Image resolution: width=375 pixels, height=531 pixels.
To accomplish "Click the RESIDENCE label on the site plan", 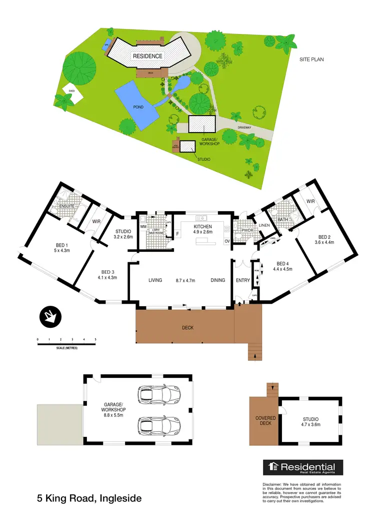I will (147, 56).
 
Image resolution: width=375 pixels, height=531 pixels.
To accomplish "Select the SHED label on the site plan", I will (71, 91).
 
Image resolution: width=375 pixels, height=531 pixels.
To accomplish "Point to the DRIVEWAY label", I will (244, 128).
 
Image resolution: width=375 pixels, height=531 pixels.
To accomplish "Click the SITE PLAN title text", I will (311, 60).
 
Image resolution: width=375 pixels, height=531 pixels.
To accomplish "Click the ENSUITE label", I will (66, 206).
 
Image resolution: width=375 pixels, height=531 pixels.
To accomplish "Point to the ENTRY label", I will (242, 280).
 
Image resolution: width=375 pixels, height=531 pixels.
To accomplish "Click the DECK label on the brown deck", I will (187, 328).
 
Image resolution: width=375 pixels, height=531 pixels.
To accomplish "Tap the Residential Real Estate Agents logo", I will (303, 468).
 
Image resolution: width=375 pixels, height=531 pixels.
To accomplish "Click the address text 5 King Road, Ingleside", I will (89, 498).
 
